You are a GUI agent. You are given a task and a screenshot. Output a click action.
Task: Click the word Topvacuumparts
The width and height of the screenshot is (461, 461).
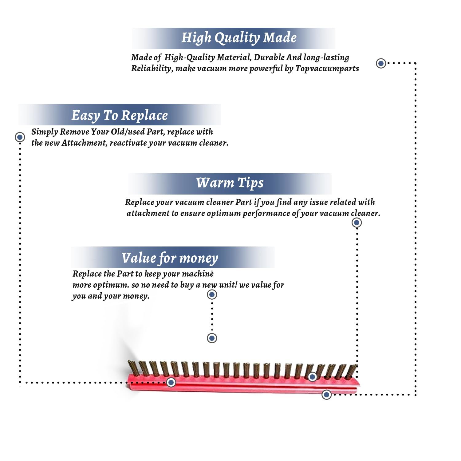327,69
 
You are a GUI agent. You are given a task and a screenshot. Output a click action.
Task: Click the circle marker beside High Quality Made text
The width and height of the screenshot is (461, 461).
381,63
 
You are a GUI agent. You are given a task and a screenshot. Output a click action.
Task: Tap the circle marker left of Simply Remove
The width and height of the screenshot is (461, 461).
20,137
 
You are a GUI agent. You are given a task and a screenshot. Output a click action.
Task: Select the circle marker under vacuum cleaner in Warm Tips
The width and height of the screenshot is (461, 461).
357,223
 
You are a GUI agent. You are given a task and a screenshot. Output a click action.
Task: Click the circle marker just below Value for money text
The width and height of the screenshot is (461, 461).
212,294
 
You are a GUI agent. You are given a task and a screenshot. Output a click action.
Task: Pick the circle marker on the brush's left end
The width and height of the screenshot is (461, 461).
171,382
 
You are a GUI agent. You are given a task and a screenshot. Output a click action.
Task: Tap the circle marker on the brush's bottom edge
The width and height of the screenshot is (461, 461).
326,395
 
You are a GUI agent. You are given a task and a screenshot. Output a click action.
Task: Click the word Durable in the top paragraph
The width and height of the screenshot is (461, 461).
269,57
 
